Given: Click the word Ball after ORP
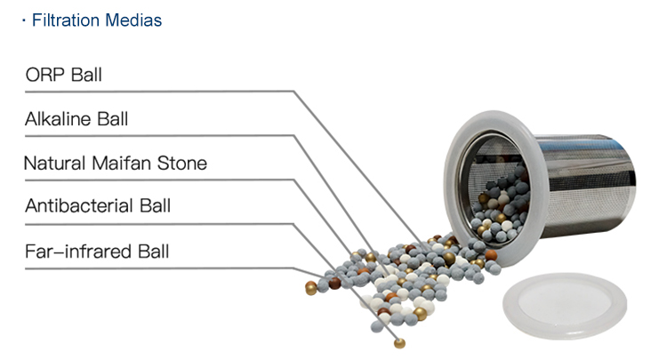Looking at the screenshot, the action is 86,75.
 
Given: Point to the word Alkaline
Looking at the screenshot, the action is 58,119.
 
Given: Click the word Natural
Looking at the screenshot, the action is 53,164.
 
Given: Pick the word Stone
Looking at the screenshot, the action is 184,164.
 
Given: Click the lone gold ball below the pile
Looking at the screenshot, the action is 400,343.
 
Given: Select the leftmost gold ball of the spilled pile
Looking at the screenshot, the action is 310,288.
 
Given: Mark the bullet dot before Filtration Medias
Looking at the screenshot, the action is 25,20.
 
